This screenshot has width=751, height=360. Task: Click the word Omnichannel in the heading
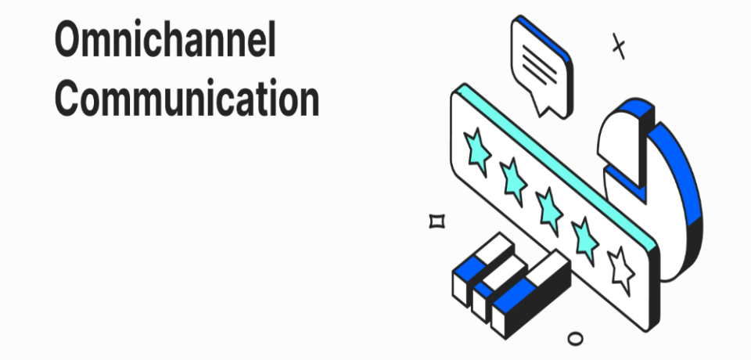165,39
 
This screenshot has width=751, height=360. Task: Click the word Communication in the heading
187,97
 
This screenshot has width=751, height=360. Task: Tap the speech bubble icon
542,66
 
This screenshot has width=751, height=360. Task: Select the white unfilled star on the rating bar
621,271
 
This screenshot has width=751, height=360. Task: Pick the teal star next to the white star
585,240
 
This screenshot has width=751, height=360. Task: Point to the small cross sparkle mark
619,46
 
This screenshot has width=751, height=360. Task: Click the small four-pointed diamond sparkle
437,221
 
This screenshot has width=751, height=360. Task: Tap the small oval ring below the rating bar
575,338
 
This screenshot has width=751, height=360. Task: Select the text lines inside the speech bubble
539,65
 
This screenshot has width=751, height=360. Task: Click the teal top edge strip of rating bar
555,165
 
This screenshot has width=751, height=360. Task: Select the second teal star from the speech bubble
513,182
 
